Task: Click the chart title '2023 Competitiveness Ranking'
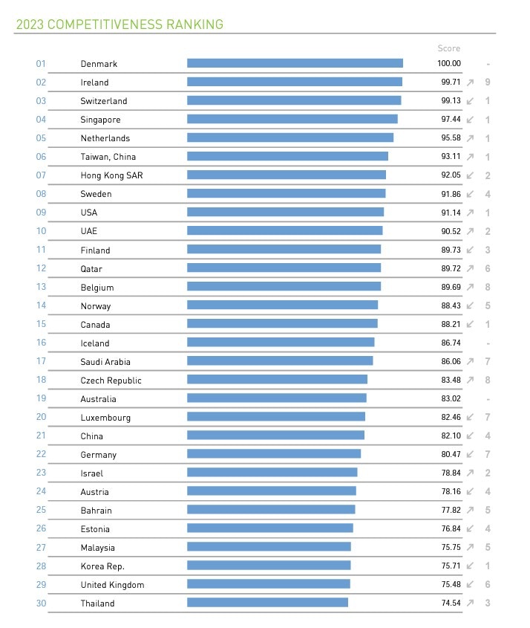click(120, 25)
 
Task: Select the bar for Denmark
click(295, 63)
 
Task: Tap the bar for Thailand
click(267, 603)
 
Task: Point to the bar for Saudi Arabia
click(280, 361)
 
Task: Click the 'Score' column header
click(448, 48)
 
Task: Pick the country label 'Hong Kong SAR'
click(111, 175)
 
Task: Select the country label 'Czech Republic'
click(111, 381)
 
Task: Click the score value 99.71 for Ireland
click(451, 82)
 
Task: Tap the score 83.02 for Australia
click(451, 399)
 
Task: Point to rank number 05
click(41, 138)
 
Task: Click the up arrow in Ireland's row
click(471, 82)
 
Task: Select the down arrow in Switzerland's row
click(471, 101)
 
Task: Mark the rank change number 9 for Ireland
click(488, 82)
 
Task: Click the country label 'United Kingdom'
click(112, 585)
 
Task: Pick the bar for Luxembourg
click(276, 417)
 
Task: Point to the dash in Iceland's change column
click(488, 343)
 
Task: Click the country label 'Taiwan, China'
click(108, 157)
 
